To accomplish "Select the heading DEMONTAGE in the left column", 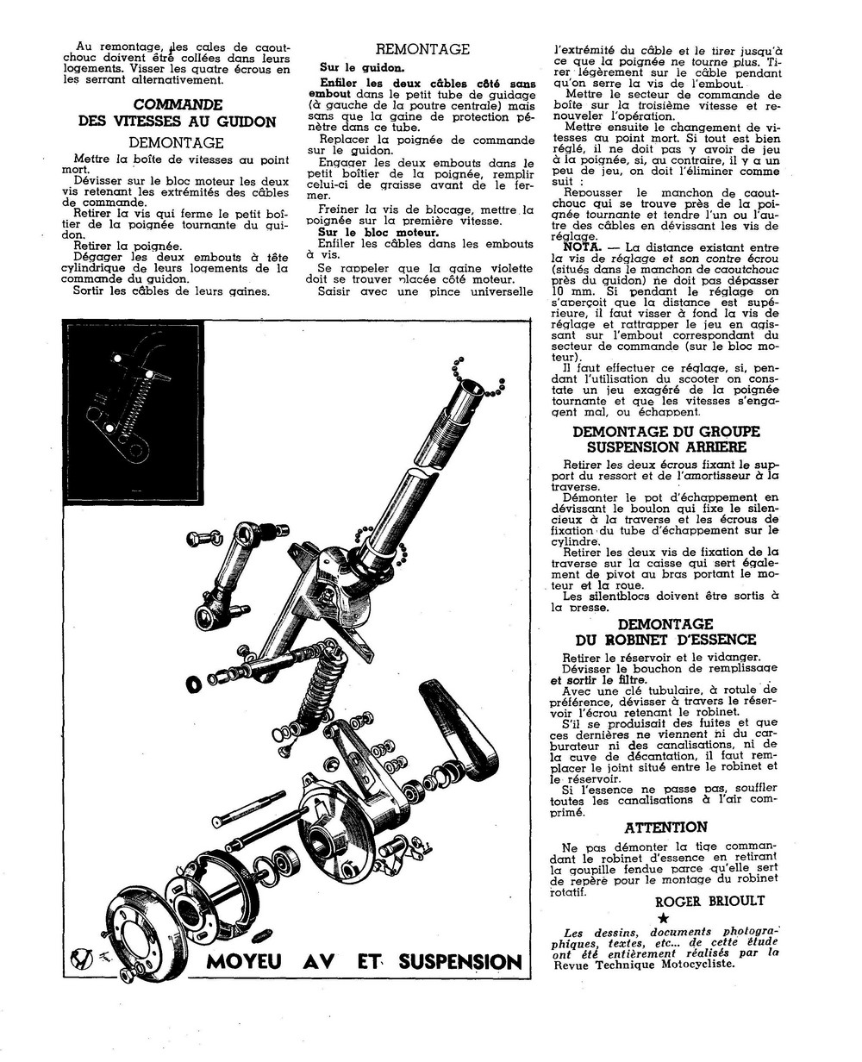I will (176, 142).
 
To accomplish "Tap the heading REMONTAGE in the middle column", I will (422, 49).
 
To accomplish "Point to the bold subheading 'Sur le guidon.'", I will (356, 66).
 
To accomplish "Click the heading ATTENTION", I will (665, 828).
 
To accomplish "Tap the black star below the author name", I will (663, 919).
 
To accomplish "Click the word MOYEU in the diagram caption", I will (247, 961).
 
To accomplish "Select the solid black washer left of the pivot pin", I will (194, 684).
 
